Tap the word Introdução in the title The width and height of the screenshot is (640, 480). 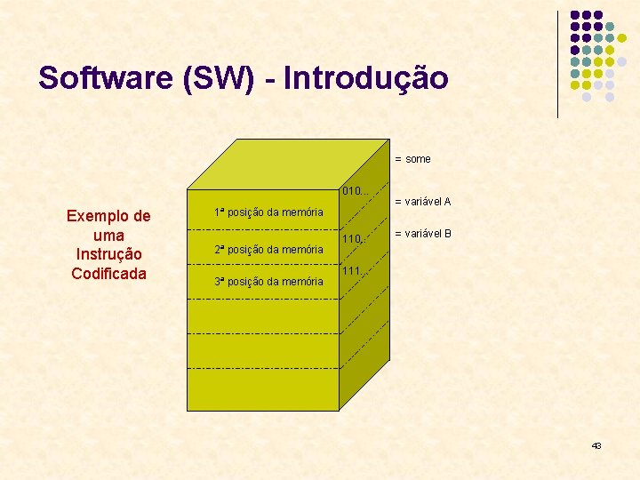(x=372, y=77)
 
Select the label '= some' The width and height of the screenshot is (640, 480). (x=412, y=159)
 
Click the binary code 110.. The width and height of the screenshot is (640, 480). (x=352, y=238)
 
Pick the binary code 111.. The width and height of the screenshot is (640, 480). (x=351, y=271)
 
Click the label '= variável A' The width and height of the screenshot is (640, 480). (x=422, y=202)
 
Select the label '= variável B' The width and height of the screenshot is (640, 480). (x=422, y=234)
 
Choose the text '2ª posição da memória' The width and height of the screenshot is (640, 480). (x=268, y=250)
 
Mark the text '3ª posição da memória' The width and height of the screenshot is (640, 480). (x=268, y=282)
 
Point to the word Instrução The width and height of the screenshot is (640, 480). (x=108, y=254)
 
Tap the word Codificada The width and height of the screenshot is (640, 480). (x=108, y=273)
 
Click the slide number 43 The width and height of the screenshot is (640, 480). (x=596, y=444)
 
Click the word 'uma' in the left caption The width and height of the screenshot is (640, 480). (x=108, y=235)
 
